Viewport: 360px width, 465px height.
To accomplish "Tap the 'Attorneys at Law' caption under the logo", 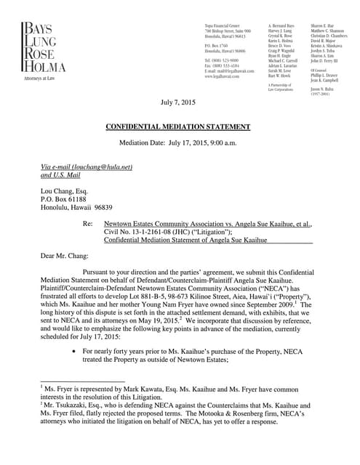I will [41, 78].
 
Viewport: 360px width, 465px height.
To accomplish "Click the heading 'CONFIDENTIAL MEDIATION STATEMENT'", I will [178, 126].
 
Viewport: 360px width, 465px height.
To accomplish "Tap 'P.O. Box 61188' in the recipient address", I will [64, 198].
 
